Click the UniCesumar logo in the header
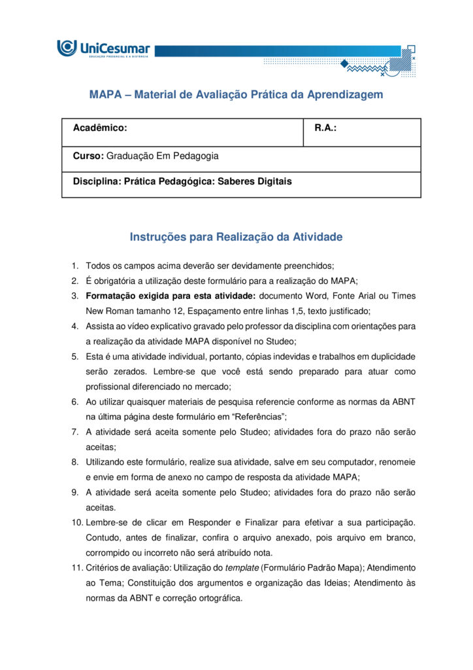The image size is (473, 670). click(x=103, y=48)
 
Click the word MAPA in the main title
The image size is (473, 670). click(x=106, y=94)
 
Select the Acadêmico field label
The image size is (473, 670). click(x=100, y=128)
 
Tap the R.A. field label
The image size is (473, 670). click(x=325, y=128)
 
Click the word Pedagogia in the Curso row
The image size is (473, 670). click(x=197, y=156)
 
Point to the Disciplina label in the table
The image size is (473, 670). click(x=97, y=181)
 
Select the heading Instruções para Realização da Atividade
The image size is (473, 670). click(x=236, y=237)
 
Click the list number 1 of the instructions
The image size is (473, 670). click(x=75, y=266)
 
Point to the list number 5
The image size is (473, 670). click(x=75, y=357)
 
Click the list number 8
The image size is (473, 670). click(x=75, y=462)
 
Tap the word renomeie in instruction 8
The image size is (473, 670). click(x=395, y=462)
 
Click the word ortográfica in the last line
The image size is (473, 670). click(x=218, y=597)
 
